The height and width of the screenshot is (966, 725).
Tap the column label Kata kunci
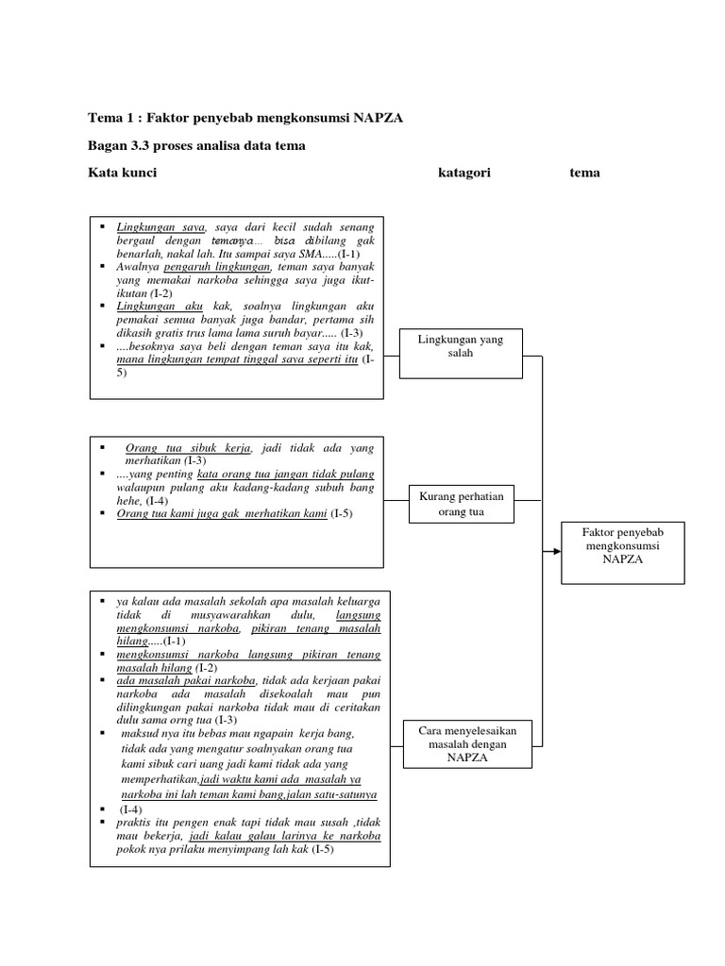tap(122, 173)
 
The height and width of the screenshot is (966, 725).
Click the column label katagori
tap(464, 173)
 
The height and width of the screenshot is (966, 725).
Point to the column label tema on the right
tap(584, 173)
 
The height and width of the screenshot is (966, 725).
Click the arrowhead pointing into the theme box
tap(556, 549)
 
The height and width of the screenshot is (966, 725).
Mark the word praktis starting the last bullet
tap(135, 823)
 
